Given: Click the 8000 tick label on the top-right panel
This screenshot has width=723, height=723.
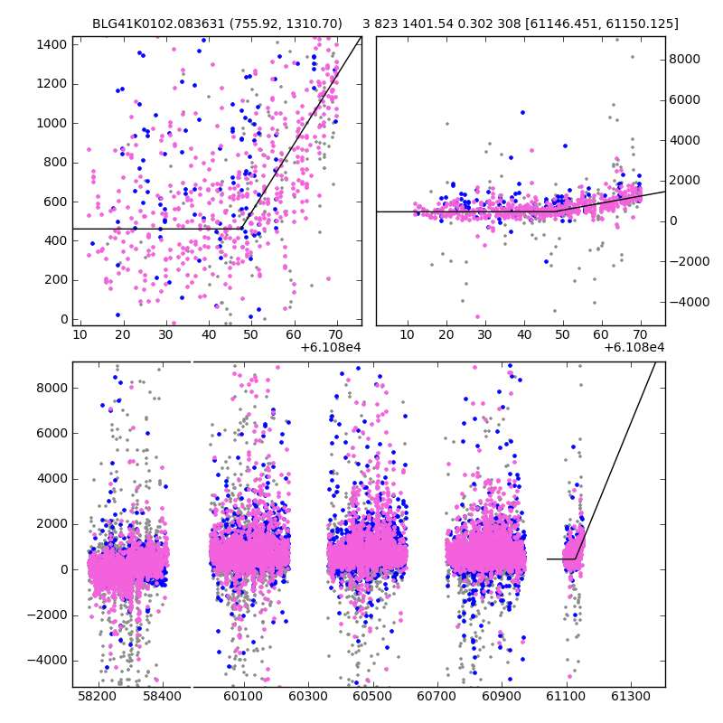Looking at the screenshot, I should pos(684,59).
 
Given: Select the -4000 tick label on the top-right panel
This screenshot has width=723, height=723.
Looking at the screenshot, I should pos(686,301).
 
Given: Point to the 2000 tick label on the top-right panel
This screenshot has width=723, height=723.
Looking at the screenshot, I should pos(684,180).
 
